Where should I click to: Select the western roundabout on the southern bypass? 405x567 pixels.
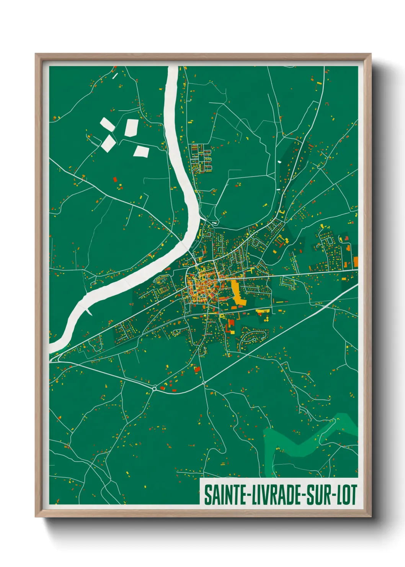[154, 389]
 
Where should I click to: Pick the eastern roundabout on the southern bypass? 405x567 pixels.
[204, 383]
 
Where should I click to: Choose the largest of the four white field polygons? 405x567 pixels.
[131, 128]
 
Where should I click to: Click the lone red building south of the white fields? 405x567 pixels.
[115, 179]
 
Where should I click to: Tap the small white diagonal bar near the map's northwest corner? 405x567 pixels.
[115, 75]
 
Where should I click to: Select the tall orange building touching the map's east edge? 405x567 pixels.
[356, 262]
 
